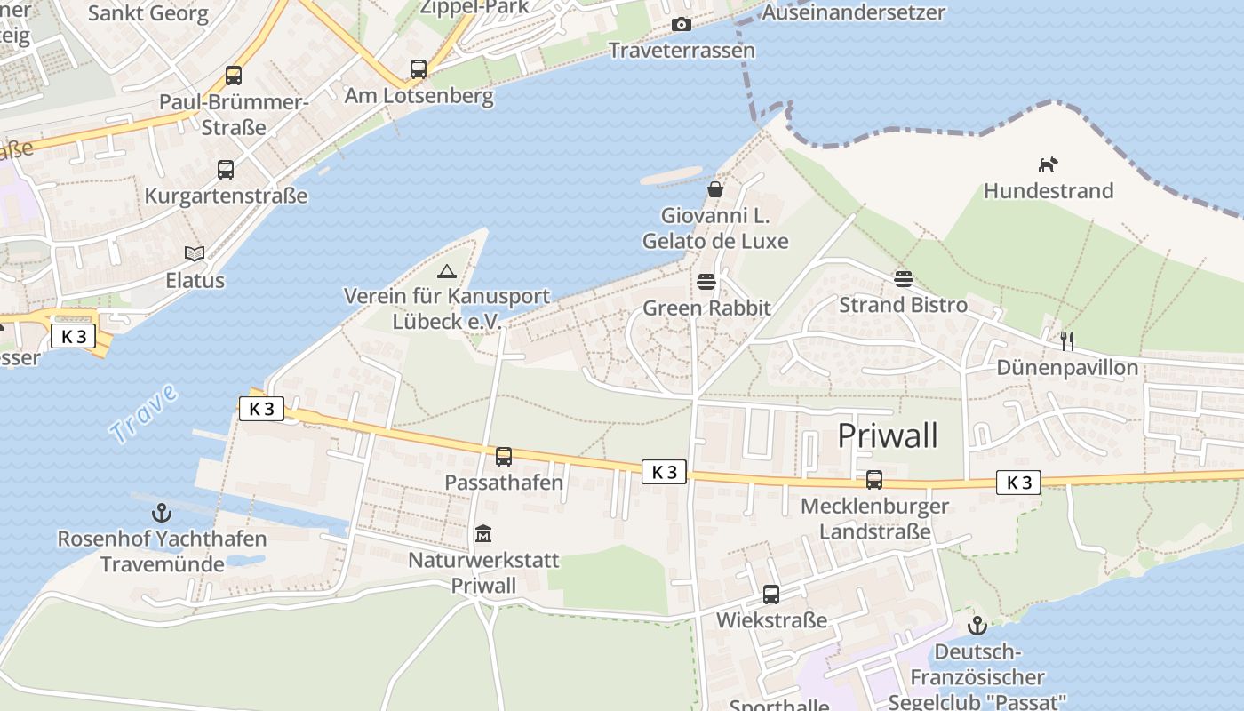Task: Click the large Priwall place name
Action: click(888, 435)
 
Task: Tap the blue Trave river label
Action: click(143, 415)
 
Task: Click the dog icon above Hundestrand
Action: click(1049, 164)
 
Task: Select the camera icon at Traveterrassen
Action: click(682, 24)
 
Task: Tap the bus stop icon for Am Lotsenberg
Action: click(419, 68)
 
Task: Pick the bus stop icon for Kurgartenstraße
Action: click(226, 169)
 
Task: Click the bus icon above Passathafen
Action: click(504, 457)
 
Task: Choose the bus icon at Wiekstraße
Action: click(771, 595)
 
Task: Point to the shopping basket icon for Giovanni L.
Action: click(715, 188)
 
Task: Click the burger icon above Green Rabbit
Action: click(706, 282)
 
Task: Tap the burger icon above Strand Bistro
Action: click(904, 279)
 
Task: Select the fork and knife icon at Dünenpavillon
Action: click(1067, 340)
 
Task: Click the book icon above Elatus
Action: click(195, 254)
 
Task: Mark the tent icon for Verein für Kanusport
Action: click(447, 270)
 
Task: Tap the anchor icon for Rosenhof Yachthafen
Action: click(162, 513)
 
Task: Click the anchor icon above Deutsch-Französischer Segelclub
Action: click(977, 625)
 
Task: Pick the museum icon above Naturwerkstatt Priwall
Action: click(483, 533)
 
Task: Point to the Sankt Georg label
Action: click(148, 13)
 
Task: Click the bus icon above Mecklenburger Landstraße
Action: click(874, 480)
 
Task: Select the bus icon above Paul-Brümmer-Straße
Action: click(234, 76)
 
